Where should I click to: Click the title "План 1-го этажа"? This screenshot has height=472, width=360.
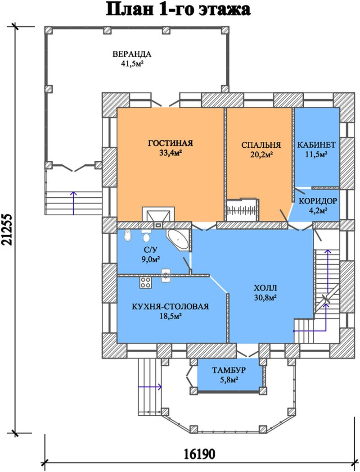178,9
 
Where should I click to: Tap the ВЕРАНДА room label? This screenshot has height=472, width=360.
132,54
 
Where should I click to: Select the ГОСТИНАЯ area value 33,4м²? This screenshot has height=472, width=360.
171,153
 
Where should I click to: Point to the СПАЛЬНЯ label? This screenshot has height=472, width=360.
261,145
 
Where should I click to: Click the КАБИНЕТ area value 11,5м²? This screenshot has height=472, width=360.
316,154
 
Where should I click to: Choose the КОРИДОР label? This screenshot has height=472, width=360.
318,200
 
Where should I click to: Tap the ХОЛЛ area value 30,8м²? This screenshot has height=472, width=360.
265,298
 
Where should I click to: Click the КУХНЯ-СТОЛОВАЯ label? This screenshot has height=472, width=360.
170,306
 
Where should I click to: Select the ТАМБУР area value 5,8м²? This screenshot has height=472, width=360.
229,380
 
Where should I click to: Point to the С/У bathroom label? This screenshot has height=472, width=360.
150,249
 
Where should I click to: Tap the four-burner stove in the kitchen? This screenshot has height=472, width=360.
145,282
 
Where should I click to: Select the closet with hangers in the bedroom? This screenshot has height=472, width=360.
242,209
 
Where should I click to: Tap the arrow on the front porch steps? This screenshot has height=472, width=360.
150,387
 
